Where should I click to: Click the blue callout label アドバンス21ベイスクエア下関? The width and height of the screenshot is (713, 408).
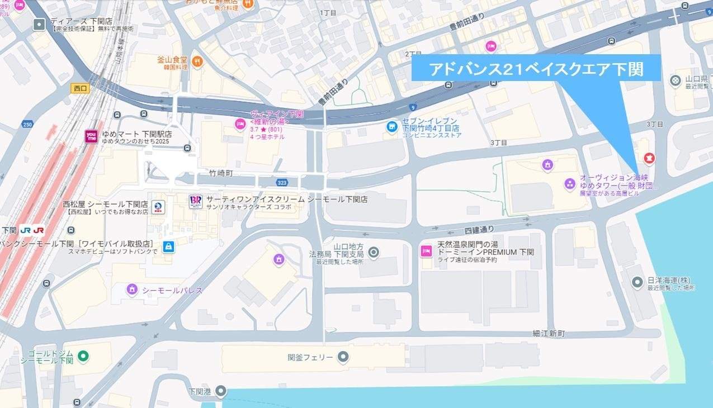coord(536,69)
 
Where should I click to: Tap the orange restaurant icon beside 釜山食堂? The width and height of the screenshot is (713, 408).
coord(197,61)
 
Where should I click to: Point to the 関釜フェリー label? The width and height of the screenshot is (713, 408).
coord(310,357)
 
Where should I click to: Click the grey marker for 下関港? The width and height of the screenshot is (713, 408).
coord(221,390)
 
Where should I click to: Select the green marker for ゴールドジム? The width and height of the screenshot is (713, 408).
coord(83,355)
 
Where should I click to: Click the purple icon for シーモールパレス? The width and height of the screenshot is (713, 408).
coord(131,289)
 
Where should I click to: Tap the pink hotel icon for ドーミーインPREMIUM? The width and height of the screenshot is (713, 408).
coord(426,252)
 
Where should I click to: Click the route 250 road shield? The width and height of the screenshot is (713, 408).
coord(28,124)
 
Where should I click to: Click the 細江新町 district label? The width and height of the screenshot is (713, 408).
coord(549,334)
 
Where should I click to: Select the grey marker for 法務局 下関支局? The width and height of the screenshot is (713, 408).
coord(374,253)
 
